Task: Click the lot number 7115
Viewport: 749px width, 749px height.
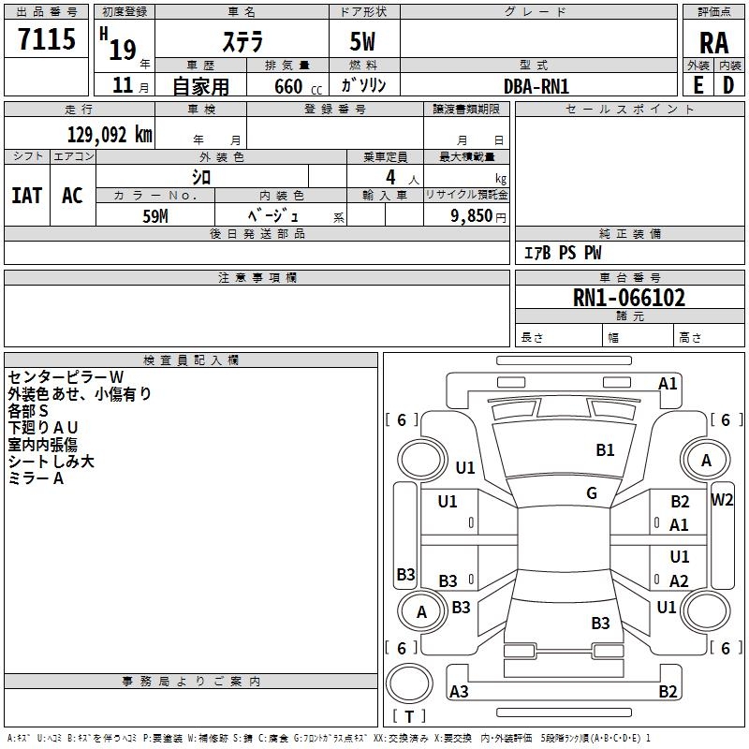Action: coord(47,40)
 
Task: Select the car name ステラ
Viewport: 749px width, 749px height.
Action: coord(242,43)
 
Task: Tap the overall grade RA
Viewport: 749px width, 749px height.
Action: coord(713,43)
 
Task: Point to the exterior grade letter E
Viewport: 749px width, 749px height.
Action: coord(698,85)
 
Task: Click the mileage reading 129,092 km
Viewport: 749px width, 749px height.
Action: coord(110,135)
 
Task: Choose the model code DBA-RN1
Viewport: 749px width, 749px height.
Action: coord(536,86)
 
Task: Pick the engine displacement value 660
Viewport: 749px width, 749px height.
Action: coord(288,86)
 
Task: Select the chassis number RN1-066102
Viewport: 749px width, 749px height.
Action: coord(629,298)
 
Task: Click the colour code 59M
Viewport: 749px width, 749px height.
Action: coord(155,215)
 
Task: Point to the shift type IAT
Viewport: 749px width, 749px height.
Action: coord(26,195)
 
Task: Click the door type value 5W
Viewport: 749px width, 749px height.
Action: coord(363,43)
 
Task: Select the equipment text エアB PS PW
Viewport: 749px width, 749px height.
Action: coord(562,254)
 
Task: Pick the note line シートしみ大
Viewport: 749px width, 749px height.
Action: coord(51,462)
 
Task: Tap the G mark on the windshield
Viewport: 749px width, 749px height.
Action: coord(592,493)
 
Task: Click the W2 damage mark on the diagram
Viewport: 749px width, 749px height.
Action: coord(722,499)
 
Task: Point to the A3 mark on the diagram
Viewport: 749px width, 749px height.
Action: coord(459,692)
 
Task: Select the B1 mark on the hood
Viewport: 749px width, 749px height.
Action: coord(606,450)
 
